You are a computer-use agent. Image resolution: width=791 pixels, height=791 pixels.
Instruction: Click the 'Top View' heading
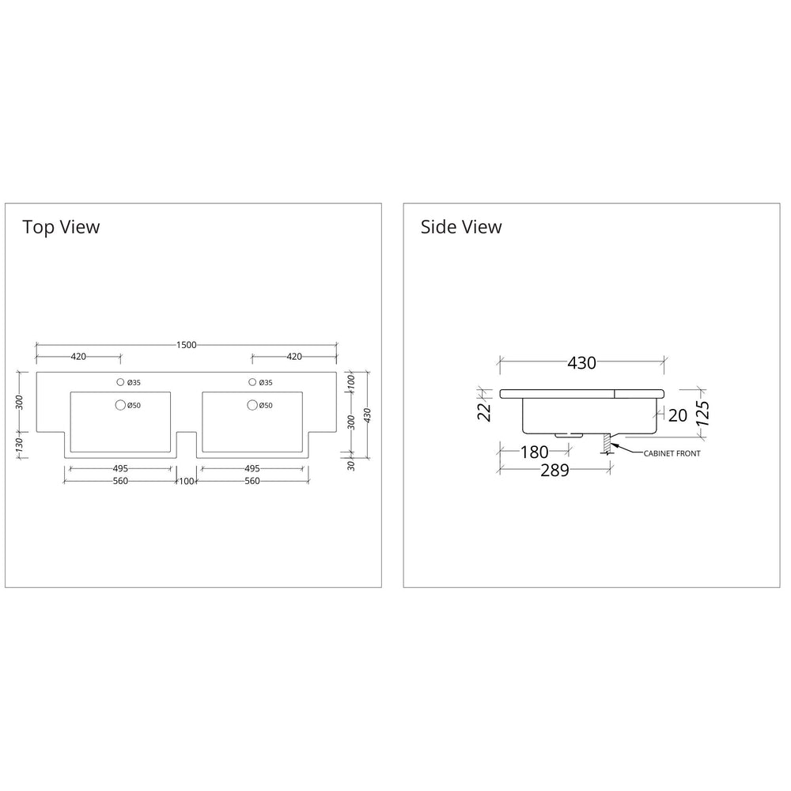tap(61, 227)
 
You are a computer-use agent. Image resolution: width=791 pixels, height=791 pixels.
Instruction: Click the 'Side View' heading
tap(461, 227)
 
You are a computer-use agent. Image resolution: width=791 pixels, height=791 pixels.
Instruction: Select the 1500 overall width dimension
tap(186, 345)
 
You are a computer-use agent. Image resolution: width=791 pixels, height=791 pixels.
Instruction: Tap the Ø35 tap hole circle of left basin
tap(120, 382)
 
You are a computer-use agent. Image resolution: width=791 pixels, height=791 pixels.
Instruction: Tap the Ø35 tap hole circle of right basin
tap(253, 382)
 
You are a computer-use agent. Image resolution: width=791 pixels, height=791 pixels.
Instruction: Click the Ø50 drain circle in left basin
tap(120, 405)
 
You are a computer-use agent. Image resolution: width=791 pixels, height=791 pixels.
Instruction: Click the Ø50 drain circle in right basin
tap(253, 405)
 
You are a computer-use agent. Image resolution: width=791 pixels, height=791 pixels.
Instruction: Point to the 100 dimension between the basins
tap(187, 481)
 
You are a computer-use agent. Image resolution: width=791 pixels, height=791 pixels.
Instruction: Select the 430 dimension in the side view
tap(581, 363)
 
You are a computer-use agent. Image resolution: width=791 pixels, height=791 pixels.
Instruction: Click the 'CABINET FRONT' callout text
tap(672, 453)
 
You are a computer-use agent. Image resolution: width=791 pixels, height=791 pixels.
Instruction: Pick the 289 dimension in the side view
tap(555, 470)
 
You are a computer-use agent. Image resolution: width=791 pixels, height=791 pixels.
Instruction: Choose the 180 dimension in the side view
tap(534, 452)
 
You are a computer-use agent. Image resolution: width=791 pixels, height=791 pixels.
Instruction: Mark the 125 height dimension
tap(702, 414)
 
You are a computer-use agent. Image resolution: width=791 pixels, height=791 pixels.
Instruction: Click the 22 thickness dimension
tap(484, 412)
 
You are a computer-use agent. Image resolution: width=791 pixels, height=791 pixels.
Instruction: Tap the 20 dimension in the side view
tap(678, 415)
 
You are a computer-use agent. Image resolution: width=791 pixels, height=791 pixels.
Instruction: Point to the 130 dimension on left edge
tap(19, 445)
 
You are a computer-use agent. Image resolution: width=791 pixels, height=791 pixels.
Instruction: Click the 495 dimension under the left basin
tap(120, 468)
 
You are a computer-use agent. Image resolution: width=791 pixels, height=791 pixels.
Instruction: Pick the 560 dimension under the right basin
tap(252, 481)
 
